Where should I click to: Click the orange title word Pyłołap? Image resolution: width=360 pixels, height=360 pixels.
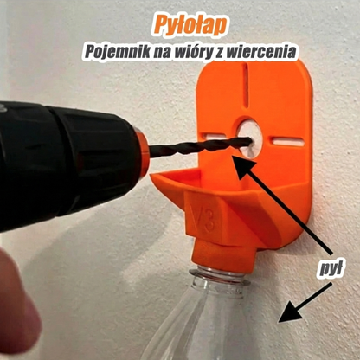pyautogui.click(x=180, y=22)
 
